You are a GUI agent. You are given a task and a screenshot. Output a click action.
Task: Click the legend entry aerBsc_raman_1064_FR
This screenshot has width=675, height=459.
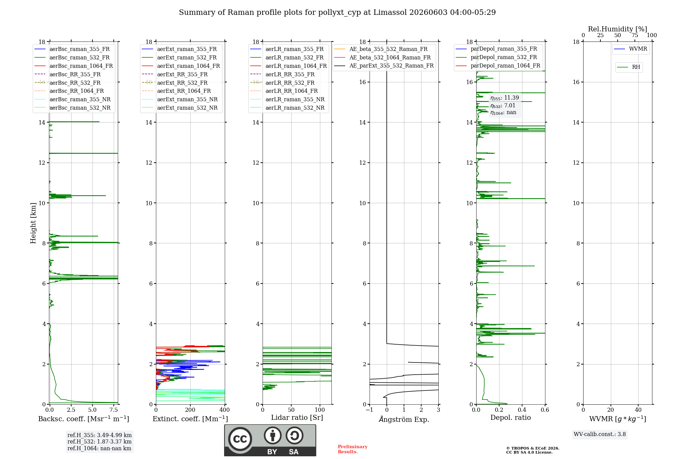tap(74, 66)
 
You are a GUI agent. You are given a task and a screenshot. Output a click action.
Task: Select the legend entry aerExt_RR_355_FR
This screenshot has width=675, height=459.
tap(175, 74)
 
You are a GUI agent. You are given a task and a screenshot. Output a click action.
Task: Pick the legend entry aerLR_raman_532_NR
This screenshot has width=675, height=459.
tap(287, 108)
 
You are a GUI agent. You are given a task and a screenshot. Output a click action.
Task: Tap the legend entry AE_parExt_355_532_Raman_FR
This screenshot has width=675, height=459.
tap(384, 66)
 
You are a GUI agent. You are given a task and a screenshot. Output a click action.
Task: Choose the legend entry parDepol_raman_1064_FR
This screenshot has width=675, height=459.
tap(498, 66)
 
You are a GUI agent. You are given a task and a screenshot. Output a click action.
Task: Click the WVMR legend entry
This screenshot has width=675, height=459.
tap(630, 49)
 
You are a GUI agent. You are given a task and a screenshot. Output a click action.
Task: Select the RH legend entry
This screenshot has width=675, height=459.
tap(628, 67)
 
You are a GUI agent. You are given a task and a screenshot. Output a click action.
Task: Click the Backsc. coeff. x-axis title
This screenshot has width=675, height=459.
tap(84, 419)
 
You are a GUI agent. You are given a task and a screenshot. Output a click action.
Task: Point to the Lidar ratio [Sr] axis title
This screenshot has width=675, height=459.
tap(297, 418)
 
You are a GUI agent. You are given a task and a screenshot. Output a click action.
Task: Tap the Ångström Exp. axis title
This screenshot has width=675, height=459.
tap(404, 419)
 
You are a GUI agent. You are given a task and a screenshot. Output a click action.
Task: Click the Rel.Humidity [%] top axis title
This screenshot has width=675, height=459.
tap(618, 29)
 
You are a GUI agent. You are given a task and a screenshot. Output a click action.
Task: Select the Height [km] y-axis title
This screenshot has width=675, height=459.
tap(33, 223)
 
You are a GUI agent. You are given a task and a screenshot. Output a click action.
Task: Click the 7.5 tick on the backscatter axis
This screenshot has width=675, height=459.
tap(114, 410)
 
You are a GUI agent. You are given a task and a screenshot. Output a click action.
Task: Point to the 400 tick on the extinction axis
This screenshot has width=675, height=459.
tap(224, 410)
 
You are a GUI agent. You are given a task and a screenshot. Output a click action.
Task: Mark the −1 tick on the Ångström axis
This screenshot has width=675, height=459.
tap(369, 410)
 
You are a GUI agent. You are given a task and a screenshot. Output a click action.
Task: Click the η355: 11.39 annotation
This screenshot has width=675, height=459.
tap(505, 98)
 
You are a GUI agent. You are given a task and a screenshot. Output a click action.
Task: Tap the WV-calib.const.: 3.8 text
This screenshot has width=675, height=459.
tap(600, 434)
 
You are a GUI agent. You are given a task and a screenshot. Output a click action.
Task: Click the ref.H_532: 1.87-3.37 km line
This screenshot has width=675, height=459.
tap(100, 442)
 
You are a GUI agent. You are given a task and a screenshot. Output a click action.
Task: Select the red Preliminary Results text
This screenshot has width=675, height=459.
tap(353, 449)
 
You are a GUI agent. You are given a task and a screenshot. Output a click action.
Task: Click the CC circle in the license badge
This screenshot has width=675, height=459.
tap(240, 439)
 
